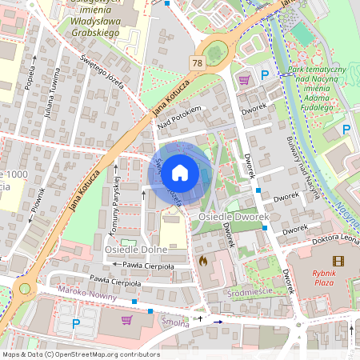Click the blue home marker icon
coord(180,172)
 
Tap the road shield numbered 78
coord(198,62)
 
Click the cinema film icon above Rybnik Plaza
coord(338,261)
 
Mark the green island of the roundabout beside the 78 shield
coord(214,54)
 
